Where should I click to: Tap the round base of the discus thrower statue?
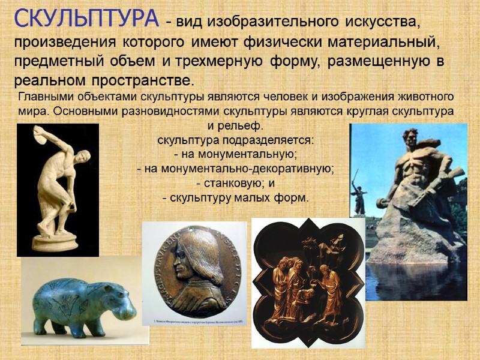pos(55,242)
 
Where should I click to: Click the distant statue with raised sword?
pos(359,195)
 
